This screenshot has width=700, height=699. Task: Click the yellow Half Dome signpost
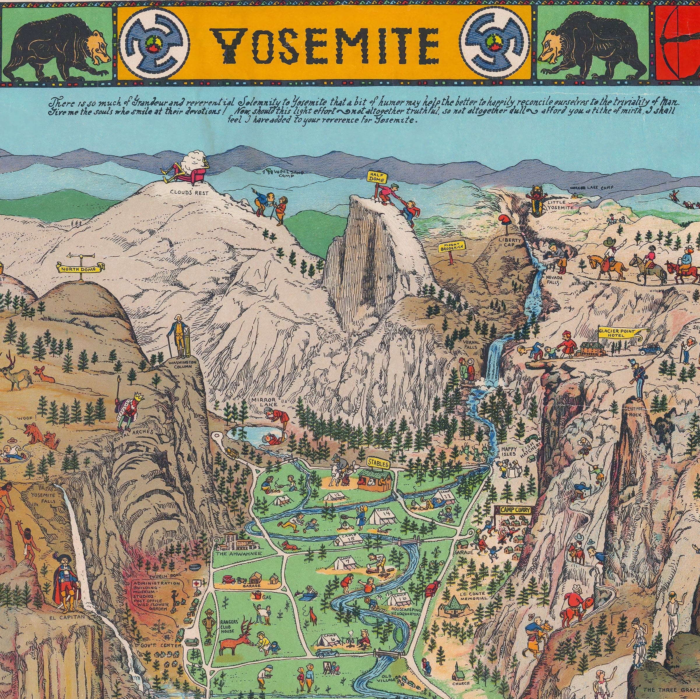pyautogui.click(x=378, y=177)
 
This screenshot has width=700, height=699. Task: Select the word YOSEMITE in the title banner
pyautogui.click(x=327, y=44)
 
